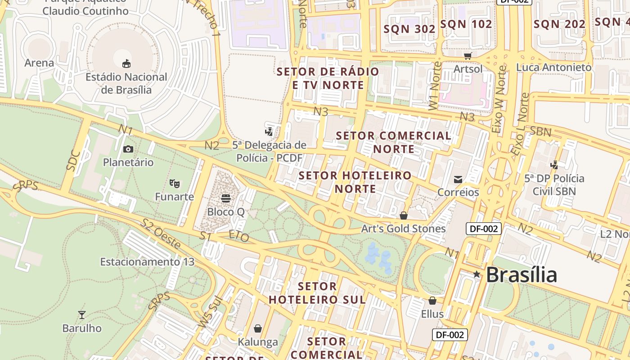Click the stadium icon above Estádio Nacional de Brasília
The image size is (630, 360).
(x=126, y=63)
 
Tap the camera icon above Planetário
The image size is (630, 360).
(x=128, y=149)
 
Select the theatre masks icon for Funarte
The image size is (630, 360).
(x=175, y=183)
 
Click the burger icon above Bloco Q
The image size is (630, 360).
(x=226, y=198)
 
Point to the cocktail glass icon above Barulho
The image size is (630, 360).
(x=82, y=315)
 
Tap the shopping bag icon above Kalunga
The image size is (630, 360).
(x=258, y=328)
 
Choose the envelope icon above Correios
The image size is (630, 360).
(x=458, y=179)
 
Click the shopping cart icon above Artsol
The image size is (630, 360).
(x=468, y=56)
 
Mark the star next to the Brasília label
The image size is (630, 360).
(x=477, y=274)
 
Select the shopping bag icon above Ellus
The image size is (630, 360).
(x=432, y=300)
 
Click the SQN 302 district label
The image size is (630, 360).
(x=409, y=29)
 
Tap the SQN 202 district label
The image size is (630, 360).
(x=559, y=24)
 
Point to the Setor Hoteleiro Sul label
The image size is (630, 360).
(x=317, y=293)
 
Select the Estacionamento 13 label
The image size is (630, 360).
(x=147, y=261)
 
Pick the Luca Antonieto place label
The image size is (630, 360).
(x=553, y=67)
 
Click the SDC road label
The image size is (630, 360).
(x=73, y=160)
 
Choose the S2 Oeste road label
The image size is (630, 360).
(x=161, y=234)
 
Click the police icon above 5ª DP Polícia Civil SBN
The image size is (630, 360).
(x=554, y=165)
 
